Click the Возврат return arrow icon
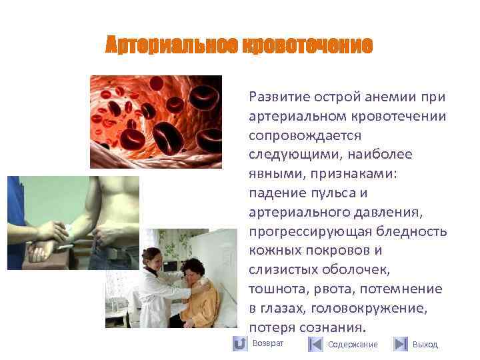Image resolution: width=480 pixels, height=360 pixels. click(x=239, y=344)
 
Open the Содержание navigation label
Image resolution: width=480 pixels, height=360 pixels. click(x=353, y=345)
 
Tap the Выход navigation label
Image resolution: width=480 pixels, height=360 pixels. click(x=425, y=345)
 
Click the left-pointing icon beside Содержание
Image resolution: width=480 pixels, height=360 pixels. click(x=316, y=344)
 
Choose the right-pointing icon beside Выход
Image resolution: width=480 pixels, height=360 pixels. click(x=400, y=344)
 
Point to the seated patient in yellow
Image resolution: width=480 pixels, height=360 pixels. click(x=200, y=293)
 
